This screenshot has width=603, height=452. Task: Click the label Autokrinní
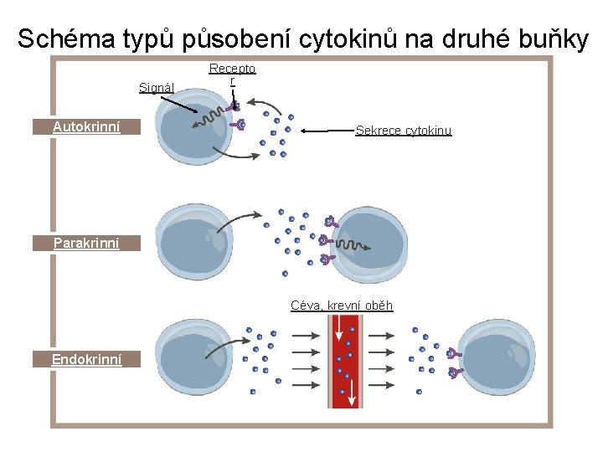(86, 127)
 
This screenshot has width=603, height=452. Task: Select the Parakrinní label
(86, 243)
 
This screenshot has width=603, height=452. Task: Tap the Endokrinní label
(86, 359)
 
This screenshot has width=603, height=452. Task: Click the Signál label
(157, 87)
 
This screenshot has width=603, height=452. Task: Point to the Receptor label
(232, 74)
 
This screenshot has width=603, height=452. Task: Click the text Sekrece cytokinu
(404, 131)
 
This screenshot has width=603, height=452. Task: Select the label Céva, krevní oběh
(342, 306)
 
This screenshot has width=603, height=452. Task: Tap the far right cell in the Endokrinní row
(497, 360)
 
